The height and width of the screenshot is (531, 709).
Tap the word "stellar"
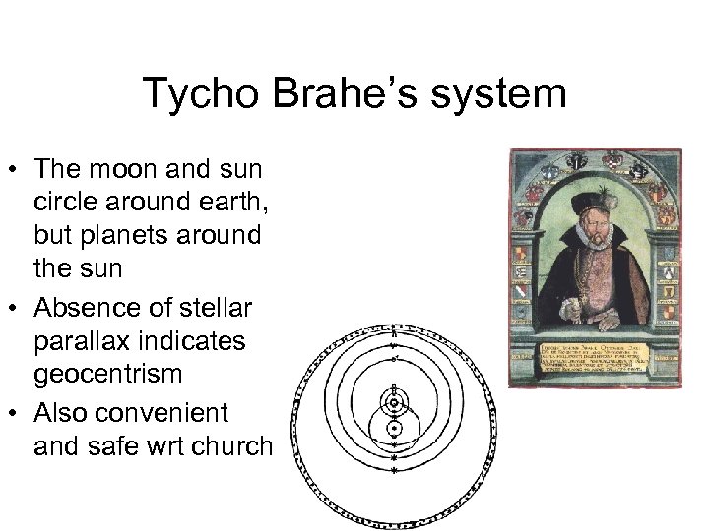[216, 308]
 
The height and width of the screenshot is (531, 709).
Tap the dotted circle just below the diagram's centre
[394, 429]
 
